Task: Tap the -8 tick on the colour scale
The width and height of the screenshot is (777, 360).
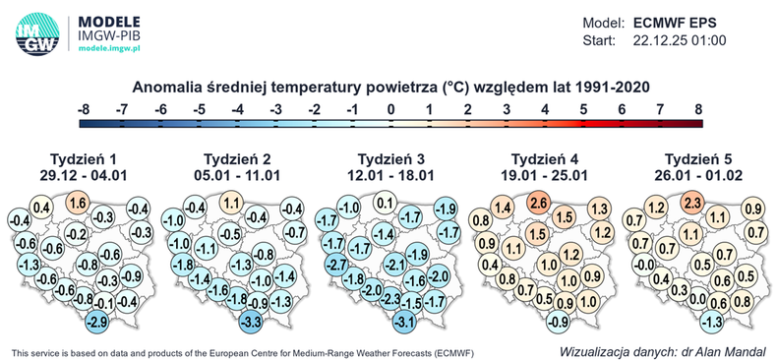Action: point(85,108)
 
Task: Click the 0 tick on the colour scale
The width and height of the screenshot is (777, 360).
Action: point(391,108)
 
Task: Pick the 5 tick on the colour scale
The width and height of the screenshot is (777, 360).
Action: point(583,108)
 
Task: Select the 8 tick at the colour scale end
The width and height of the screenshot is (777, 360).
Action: point(698,108)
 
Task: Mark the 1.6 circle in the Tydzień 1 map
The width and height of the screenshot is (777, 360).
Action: point(80,203)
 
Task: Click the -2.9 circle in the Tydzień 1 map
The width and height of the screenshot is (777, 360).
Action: point(97,321)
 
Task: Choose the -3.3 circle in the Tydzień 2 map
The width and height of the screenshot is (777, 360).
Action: point(252,321)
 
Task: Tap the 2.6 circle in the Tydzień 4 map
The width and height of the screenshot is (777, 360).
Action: point(537,203)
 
